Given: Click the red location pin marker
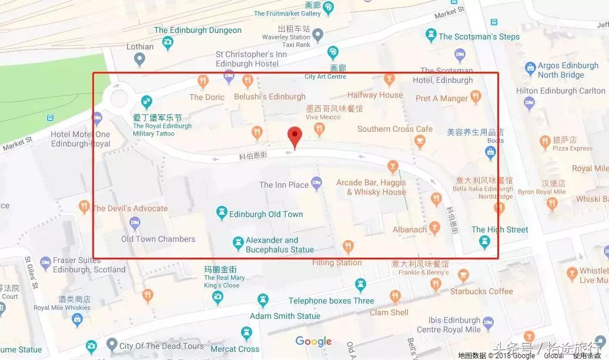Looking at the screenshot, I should click(x=295, y=137).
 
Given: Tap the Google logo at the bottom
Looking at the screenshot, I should click(x=313, y=341).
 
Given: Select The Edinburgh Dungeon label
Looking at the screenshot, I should click(x=198, y=30).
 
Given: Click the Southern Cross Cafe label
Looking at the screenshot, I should click(x=394, y=129).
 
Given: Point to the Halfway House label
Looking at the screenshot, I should click(x=374, y=95).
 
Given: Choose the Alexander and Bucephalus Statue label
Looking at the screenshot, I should click(x=280, y=245).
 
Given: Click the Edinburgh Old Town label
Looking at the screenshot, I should click(x=266, y=214).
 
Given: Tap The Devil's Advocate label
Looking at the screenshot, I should click(x=130, y=208).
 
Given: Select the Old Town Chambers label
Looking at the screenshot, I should click(x=158, y=239).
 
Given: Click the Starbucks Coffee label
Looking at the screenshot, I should click(x=481, y=291).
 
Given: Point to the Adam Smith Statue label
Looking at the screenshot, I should click(x=285, y=316).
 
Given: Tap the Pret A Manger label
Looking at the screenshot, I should click(x=441, y=98).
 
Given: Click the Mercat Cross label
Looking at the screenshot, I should click(x=235, y=349).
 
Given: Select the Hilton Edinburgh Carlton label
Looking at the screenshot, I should click(x=560, y=91).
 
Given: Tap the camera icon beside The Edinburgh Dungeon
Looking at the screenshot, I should click(x=168, y=42).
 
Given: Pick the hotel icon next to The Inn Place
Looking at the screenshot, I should click(x=317, y=184).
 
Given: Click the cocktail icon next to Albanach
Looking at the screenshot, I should click(x=434, y=228).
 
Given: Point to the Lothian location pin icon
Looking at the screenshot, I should click(x=139, y=59).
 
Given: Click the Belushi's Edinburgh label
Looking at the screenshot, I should click(x=270, y=96).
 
